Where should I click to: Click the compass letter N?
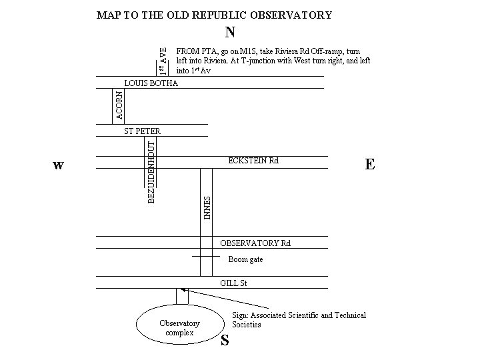[x=230, y=32]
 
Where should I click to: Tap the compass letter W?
[x=59, y=165]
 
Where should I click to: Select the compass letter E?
[x=370, y=165]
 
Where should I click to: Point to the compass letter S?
[x=225, y=340]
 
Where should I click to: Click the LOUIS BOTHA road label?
[x=151, y=83]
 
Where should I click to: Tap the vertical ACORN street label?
[x=119, y=105]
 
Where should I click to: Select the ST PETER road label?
[x=142, y=131]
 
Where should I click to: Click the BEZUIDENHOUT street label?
[x=151, y=173]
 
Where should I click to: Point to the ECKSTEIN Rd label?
[x=253, y=161]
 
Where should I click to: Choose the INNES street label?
[x=207, y=208]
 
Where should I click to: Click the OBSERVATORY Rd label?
[x=255, y=243]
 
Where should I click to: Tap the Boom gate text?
[x=245, y=259]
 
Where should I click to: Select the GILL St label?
[x=233, y=283]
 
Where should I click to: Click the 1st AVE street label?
[x=163, y=61]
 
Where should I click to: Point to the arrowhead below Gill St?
[x=183, y=289]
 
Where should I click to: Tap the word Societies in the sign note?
[x=247, y=325]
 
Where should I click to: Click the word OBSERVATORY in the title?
[x=291, y=15]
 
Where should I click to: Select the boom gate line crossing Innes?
[x=206, y=256]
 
